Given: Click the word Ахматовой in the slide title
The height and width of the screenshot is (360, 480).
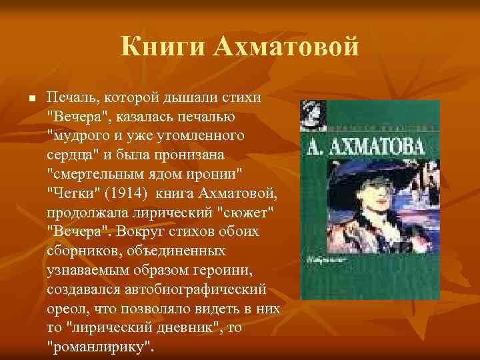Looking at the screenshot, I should click(287, 47).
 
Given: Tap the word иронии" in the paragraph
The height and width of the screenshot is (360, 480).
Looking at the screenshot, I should click(215, 175).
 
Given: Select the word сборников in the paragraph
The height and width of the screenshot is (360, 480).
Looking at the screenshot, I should click(83, 251).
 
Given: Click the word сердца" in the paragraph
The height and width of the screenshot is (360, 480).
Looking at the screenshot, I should click(72, 155).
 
